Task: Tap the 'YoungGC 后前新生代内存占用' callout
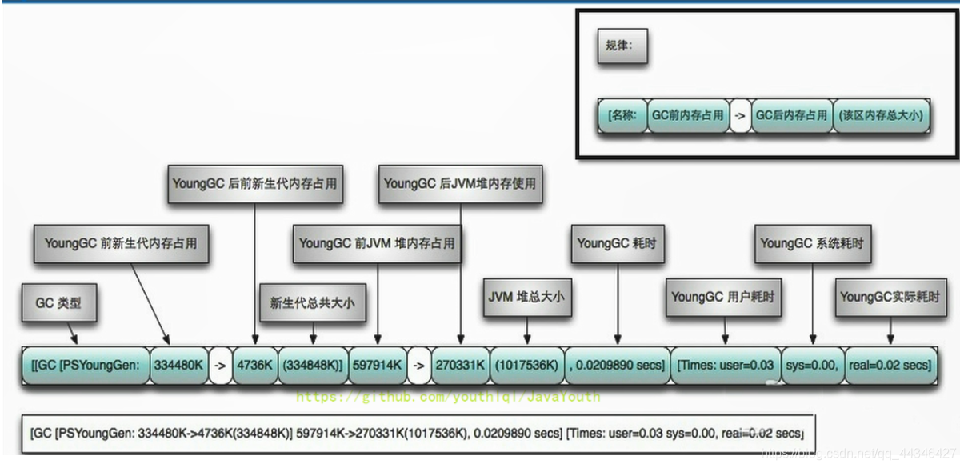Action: coord(254,183)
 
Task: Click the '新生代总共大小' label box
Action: coord(312,302)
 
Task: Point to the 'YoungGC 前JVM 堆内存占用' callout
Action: coord(377,243)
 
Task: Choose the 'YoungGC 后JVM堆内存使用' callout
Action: coord(460,183)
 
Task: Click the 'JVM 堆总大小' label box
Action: coord(526,297)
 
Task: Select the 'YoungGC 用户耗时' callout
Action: coord(724,297)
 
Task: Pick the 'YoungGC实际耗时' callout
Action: coord(890,297)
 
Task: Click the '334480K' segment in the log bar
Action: coord(178,366)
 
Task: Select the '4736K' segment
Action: coord(254,366)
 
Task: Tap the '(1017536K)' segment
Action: coord(526,366)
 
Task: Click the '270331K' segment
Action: coord(460,366)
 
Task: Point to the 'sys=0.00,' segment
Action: coord(812,366)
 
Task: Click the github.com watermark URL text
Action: coord(448,396)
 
